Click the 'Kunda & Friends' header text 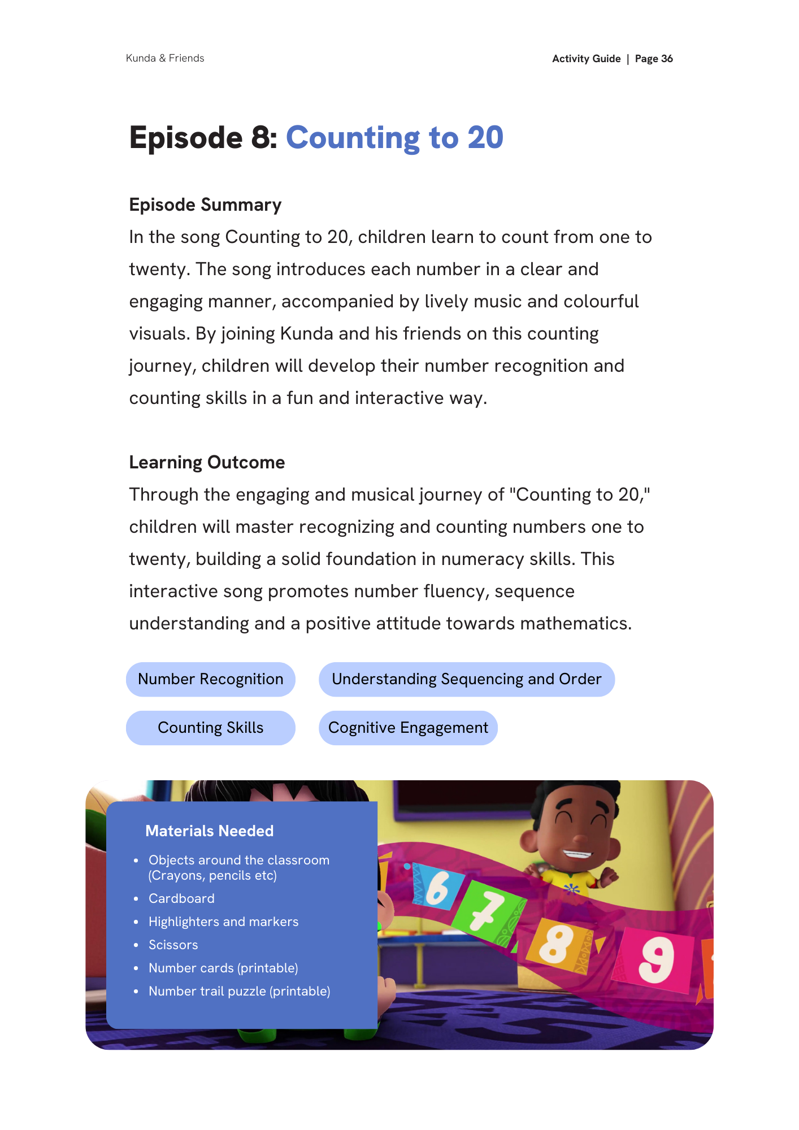(x=165, y=58)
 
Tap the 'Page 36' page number (x=654, y=59)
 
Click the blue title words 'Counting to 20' (x=394, y=138)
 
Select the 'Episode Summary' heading (x=205, y=205)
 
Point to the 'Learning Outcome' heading (x=207, y=462)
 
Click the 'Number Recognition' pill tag (x=211, y=679)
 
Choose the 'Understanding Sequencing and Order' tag (x=466, y=679)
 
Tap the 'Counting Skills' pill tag (x=211, y=728)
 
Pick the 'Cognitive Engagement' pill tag (x=408, y=728)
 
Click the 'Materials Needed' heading (x=209, y=831)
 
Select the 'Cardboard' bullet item (x=181, y=898)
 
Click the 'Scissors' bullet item (x=173, y=945)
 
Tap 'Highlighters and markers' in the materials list (x=223, y=922)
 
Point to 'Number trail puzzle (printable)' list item (x=239, y=991)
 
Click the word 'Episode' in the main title (x=186, y=138)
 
